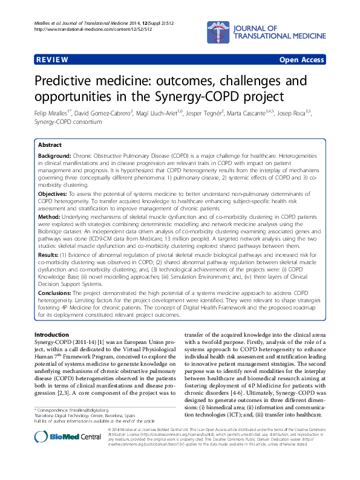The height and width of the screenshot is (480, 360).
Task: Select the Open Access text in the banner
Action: [302, 60]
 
